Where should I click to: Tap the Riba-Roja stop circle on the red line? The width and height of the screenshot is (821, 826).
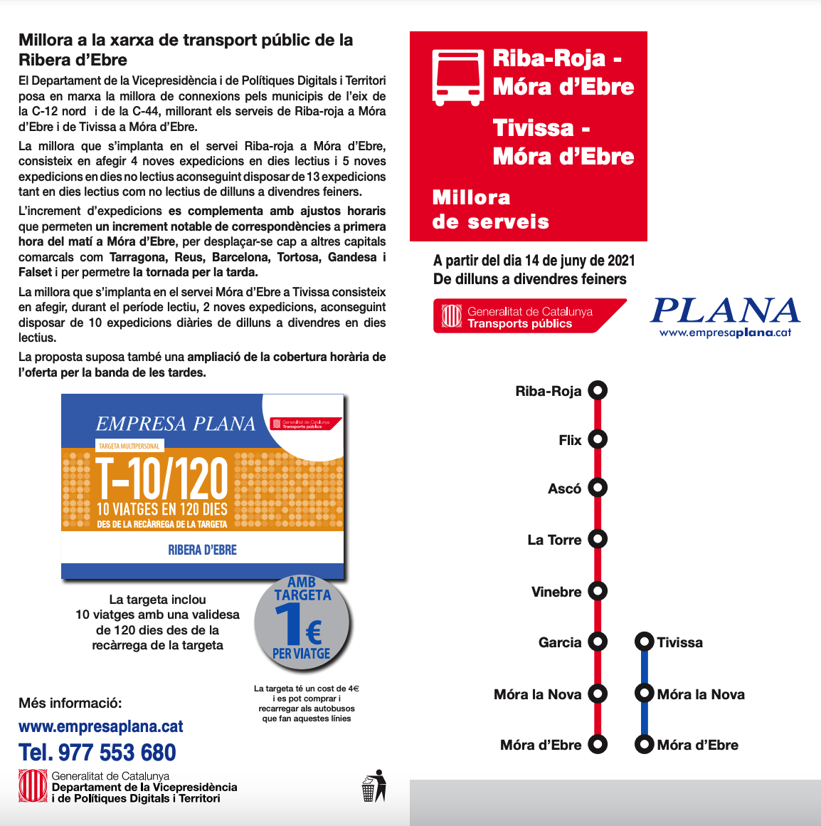coord(598,390)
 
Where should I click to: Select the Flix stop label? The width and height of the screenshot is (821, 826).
coord(570,440)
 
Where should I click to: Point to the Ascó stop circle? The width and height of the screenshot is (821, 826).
coord(598,488)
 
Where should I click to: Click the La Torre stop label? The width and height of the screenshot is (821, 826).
coord(554,540)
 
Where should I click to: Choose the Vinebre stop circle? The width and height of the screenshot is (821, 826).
coord(598,590)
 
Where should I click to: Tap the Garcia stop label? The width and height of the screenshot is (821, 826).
coord(560,642)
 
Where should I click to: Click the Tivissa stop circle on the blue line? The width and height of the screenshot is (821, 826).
coord(644,642)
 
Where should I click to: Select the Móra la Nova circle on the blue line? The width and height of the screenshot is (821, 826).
coord(644,693)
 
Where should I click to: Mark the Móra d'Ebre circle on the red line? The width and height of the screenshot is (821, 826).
coord(598,745)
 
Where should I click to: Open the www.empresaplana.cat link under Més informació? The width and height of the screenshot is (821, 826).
coord(101,726)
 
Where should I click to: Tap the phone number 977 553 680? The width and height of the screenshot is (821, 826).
coord(97,753)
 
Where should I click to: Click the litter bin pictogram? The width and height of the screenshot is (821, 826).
coord(374,785)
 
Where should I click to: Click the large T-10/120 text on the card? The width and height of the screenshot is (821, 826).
coord(162,479)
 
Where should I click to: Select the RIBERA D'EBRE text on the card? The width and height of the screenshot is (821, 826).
coord(202,550)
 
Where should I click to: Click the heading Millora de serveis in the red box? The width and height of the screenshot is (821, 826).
coord(490,209)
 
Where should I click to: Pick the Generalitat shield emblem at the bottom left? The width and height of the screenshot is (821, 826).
coord(33,787)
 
